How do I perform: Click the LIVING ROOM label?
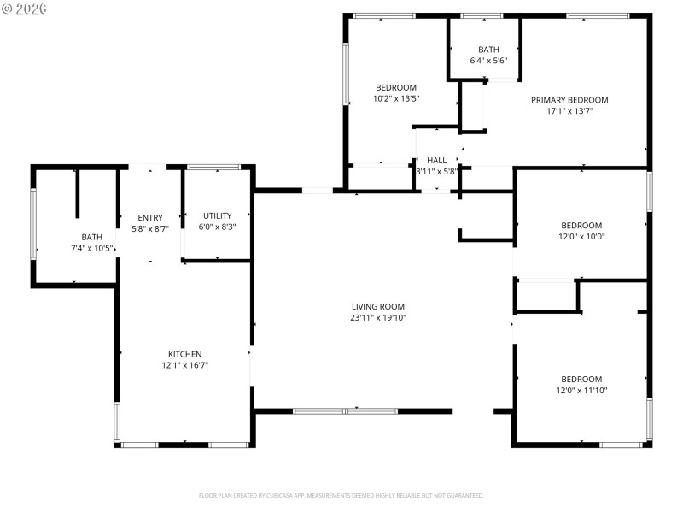[x=377, y=306]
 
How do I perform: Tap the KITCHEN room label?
[x=184, y=354]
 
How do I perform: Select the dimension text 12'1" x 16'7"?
[x=184, y=365]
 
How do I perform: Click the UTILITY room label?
[x=217, y=215]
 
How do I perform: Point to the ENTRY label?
[x=150, y=218]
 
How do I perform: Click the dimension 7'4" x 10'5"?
[x=91, y=248]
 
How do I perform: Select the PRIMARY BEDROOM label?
[x=569, y=100]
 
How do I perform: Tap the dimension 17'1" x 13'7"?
[x=569, y=111]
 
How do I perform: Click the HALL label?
[x=436, y=160]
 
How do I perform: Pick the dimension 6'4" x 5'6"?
[x=488, y=61]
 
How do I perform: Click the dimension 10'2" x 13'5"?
[x=396, y=98]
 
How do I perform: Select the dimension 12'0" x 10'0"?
[x=581, y=237]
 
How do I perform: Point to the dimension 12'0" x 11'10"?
[x=581, y=391]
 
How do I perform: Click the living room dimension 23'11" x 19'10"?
[x=377, y=317]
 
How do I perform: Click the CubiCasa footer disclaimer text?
[x=341, y=495]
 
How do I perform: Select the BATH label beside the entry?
[x=91, y=237]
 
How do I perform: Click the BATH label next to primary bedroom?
[x=488, y=50]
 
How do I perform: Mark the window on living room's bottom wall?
[x=345, y=411]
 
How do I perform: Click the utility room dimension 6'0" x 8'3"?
[x=217, y=227]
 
